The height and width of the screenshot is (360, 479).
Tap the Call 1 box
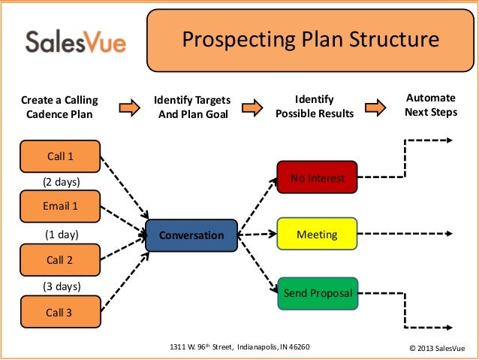(x=60, y=156)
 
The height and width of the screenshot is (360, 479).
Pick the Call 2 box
(x=60, y=260)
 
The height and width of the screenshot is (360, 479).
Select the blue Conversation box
(x=191, y=235)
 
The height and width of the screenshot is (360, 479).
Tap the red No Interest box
(x=317, y=178)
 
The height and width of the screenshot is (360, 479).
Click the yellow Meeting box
(x=317, y=235)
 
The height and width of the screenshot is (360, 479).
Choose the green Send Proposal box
(x=317, y=293)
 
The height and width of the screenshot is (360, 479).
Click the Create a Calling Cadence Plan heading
(x=59, y=107)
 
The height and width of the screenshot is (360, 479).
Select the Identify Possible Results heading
(x=314, y=107)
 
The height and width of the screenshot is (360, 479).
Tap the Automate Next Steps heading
(x=430, y=105)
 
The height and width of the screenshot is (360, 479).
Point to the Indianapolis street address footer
(x=239, y=347)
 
